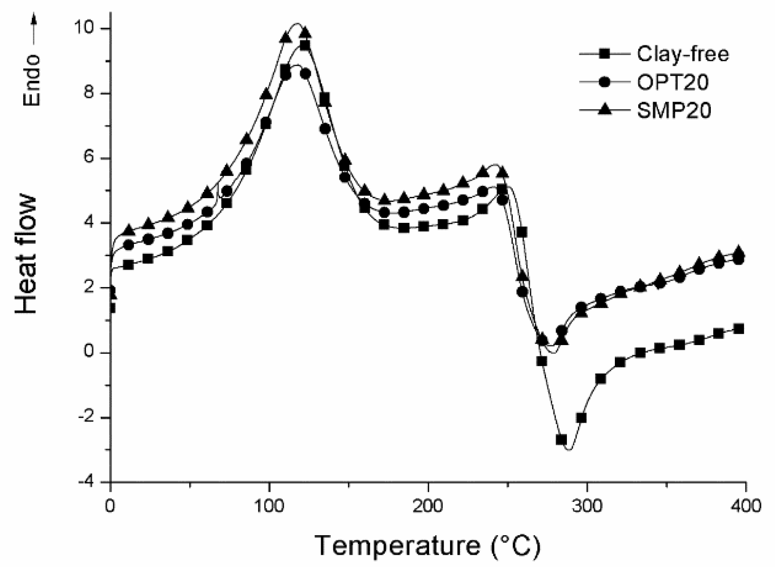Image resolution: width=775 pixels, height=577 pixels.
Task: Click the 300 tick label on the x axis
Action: click(587, 506)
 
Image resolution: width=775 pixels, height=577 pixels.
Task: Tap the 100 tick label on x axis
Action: click(269, 506)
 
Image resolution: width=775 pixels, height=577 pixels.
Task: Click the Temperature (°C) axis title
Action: click(427, 545)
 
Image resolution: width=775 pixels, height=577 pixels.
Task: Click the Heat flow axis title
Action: click(27, 255)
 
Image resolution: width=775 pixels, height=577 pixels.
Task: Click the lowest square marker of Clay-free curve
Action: click(561, 440)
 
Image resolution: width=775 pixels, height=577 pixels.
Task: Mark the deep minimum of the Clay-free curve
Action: click(569, 449)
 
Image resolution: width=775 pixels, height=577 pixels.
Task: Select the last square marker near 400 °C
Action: click(738, 329)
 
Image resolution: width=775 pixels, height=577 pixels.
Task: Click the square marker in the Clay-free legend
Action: click(604, 54)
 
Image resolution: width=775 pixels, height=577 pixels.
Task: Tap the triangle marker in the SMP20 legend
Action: click(604, 110)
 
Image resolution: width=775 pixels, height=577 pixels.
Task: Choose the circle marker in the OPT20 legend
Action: click(604, 82)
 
